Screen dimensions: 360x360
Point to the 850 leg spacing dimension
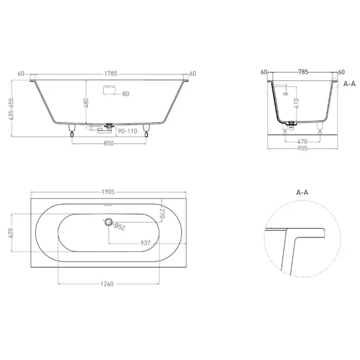[108, 143]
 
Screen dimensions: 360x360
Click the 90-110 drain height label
[127, 131]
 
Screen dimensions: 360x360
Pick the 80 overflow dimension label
[126, 94]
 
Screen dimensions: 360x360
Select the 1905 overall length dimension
[108, 192]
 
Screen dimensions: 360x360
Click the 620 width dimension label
[12, 233]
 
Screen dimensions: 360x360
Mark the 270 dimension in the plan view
[163, 214]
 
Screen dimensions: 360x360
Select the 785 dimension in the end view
[303, 72]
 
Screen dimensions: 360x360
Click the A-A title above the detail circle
[302, 192]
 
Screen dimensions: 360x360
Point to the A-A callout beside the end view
[350, 84]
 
